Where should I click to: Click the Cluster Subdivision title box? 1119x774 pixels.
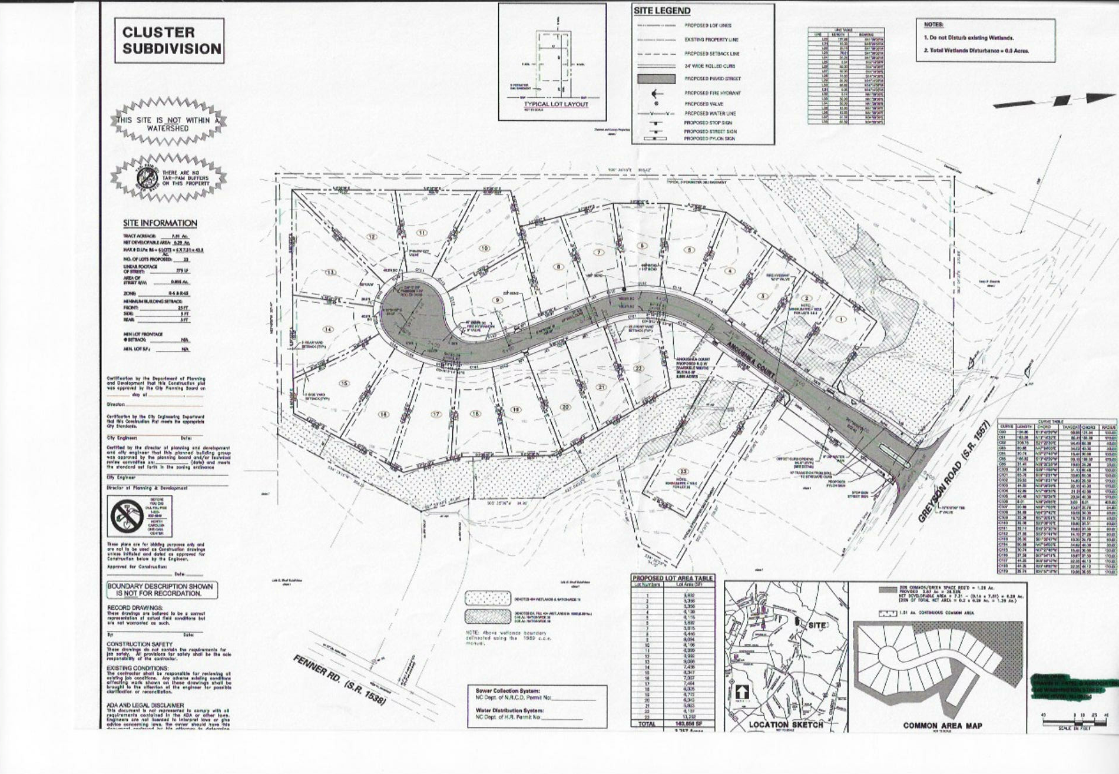169,41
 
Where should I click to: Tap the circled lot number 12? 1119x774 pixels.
372,237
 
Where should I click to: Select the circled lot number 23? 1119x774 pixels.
683,471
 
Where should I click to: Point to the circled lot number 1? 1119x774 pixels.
840,319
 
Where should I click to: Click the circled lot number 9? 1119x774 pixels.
498,300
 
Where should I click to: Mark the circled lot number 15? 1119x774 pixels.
345,383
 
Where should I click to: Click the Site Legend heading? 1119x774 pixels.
662,11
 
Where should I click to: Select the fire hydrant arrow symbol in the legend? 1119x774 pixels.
656,93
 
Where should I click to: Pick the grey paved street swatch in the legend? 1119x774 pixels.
656,79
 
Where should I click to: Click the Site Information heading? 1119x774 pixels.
160,223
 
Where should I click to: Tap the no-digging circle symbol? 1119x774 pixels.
127,517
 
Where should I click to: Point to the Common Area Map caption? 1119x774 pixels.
942,726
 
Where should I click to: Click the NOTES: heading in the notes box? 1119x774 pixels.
933,25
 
